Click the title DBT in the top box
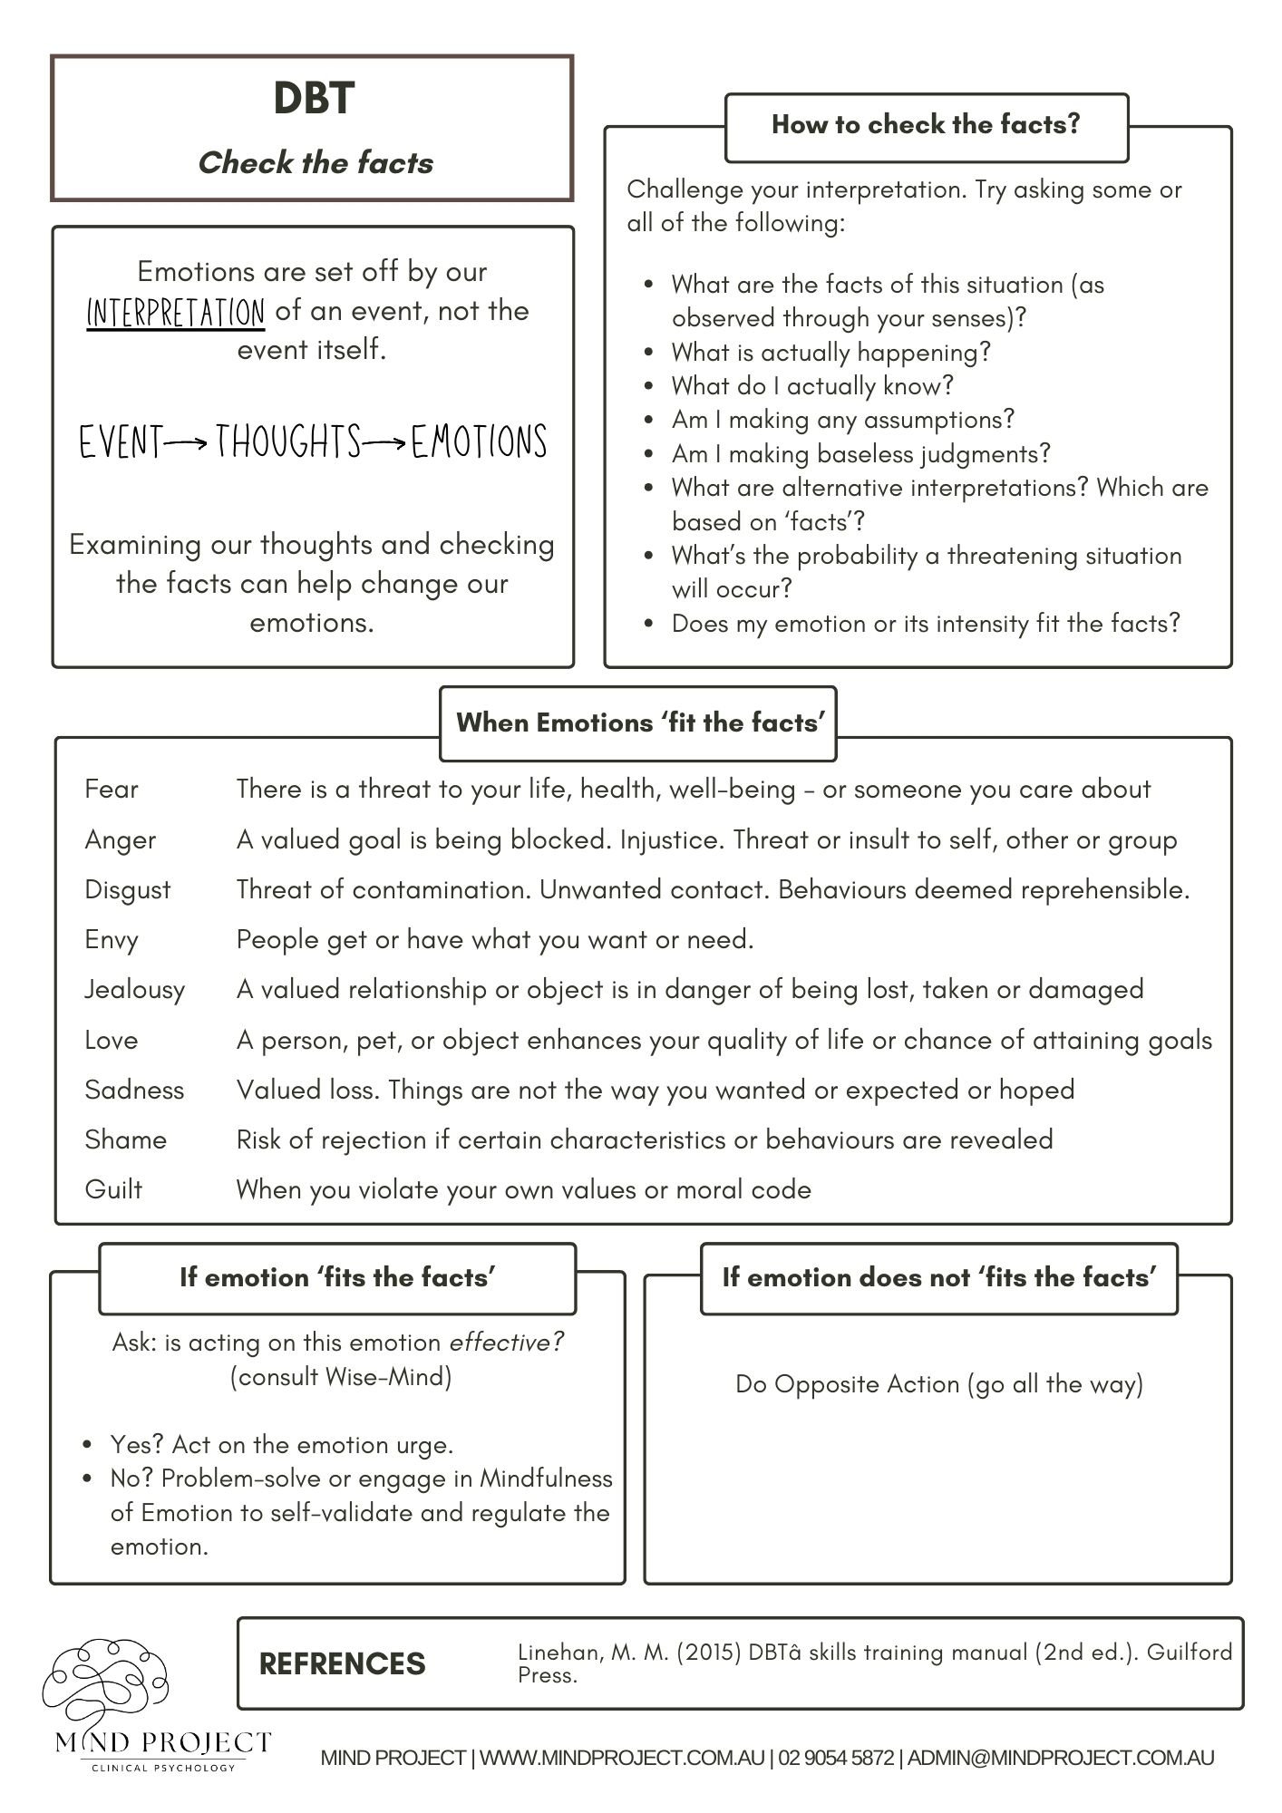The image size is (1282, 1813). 314,98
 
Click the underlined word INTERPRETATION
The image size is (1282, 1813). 176,313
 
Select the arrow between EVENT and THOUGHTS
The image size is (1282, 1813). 188,443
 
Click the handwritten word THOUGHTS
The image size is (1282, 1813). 288,442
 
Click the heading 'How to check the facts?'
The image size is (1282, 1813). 926,125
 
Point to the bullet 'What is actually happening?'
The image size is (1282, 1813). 830,353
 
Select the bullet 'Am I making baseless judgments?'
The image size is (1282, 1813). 860,454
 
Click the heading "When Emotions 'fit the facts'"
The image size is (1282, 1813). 640,723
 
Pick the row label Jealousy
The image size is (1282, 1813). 134,990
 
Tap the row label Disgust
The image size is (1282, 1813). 127,890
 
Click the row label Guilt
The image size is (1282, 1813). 113,1189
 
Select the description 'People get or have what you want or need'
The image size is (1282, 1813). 495,940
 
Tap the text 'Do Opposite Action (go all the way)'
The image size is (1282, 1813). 938,1384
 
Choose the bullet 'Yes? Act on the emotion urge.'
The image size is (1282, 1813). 281,1444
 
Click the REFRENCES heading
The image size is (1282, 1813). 342,1663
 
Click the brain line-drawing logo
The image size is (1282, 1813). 106,1682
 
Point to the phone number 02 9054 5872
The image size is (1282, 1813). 835,1759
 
